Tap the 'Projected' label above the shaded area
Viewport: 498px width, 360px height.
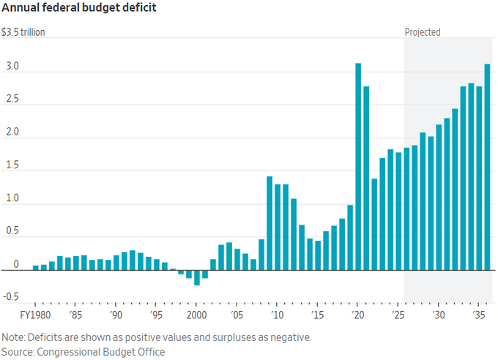[423, 32]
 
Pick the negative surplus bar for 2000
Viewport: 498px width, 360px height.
[197, 277]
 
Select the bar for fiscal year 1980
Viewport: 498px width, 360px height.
[36, 268]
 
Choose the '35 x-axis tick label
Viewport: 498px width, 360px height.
[477, 315]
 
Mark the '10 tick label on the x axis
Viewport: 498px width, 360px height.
[277, 315]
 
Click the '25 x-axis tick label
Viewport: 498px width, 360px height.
[398, 315]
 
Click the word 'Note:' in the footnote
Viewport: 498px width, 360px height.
[14, 337]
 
